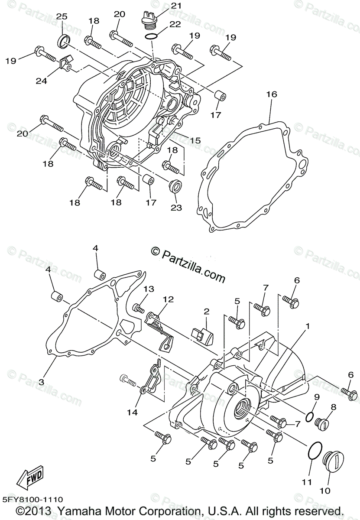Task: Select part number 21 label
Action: click(x=152, y=6)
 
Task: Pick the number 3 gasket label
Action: click(x=41, y=382)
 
